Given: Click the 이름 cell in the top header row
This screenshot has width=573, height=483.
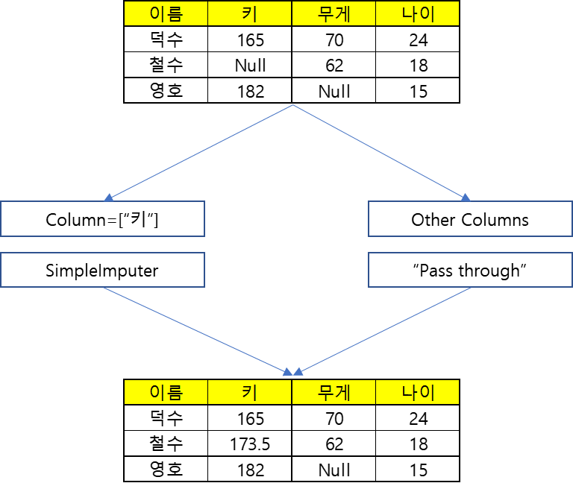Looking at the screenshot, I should [x=166, y=13].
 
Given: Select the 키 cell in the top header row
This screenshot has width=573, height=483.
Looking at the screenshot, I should [x=249, y=13].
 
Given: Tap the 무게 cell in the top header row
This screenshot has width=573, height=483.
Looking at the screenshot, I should [x=334, y=13].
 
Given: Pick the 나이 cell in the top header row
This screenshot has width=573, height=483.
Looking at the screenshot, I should [x=417, y=13].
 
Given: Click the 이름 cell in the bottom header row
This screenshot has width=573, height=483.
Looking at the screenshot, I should [x=166, y=392].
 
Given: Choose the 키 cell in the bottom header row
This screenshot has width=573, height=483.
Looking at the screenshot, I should [x=249, y=392].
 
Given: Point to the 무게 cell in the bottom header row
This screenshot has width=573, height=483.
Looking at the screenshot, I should [x=334, y=392].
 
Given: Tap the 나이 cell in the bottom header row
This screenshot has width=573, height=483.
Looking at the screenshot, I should [x=417, y=392].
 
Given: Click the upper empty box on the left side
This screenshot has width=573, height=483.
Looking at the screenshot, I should [x=102, y=218].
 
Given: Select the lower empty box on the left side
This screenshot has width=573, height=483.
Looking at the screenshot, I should [x=102, y=270].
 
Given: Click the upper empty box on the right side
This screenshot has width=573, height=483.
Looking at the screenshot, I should [x=470, y=218].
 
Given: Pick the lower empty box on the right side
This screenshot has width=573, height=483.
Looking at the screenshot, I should [x=470, y=270].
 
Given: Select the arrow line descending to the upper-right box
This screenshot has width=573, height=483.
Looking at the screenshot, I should [x=381, y=151].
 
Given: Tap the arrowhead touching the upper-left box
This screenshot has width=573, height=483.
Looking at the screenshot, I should [x=108, y=198].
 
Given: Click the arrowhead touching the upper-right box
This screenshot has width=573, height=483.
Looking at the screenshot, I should [x=466, y=198].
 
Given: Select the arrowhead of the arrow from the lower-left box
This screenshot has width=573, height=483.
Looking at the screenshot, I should [x=288, y=371].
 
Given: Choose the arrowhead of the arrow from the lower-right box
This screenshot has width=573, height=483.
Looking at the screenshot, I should [x=298, y=371].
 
